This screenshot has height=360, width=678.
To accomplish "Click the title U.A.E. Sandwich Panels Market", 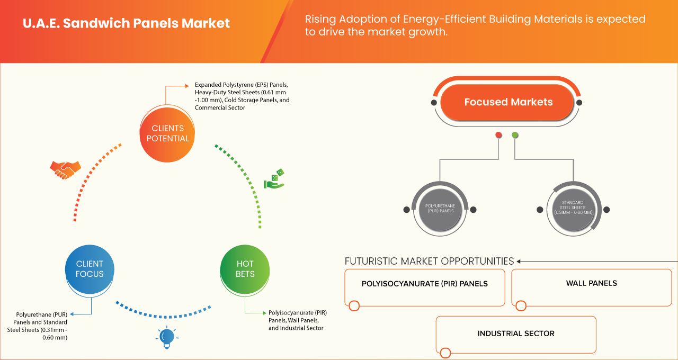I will coord(127,24).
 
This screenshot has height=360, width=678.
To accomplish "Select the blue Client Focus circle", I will coord(90,269).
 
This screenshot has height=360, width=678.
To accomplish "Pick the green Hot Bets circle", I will coord(245,269).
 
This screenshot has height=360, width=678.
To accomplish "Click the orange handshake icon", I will coord(65,169).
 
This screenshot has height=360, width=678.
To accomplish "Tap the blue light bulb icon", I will coord(167,337).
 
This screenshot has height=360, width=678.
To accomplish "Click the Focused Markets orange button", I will coord(508,102).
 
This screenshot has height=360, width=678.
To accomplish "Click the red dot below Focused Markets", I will coord(498,136).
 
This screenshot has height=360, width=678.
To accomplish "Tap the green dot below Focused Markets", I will coord(515,136).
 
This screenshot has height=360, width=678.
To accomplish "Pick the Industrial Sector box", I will coord(515,334).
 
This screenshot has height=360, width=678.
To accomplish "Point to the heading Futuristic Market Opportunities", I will coord(429,261).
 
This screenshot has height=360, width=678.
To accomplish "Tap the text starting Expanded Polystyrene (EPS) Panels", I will coord(242,96).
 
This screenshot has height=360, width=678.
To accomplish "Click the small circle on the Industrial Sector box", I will coord(445,352).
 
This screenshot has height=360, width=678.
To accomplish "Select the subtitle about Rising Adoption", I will coord(475,25).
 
